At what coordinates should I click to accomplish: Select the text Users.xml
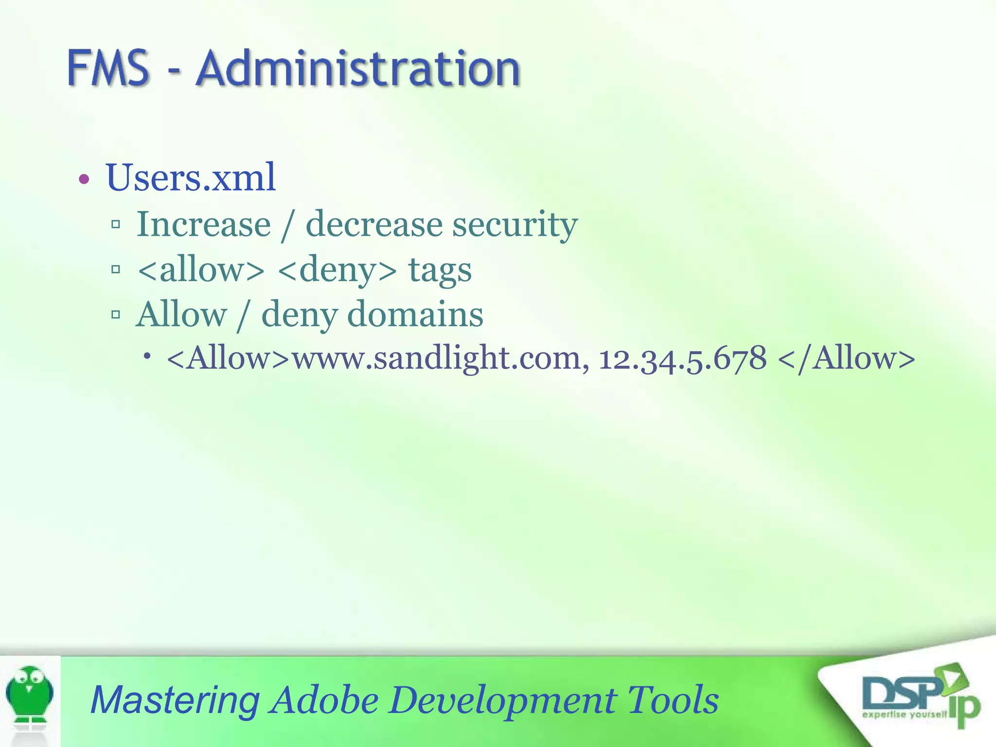191,178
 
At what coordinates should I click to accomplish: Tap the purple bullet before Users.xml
84,179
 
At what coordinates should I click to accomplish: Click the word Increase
203,225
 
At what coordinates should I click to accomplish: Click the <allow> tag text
201,270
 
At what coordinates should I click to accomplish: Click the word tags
440,270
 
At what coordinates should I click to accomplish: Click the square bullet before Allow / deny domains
116,315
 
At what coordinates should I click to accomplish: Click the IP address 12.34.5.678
682,358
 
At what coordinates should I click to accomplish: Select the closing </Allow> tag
847,358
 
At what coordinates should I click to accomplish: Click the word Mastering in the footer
175,700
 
